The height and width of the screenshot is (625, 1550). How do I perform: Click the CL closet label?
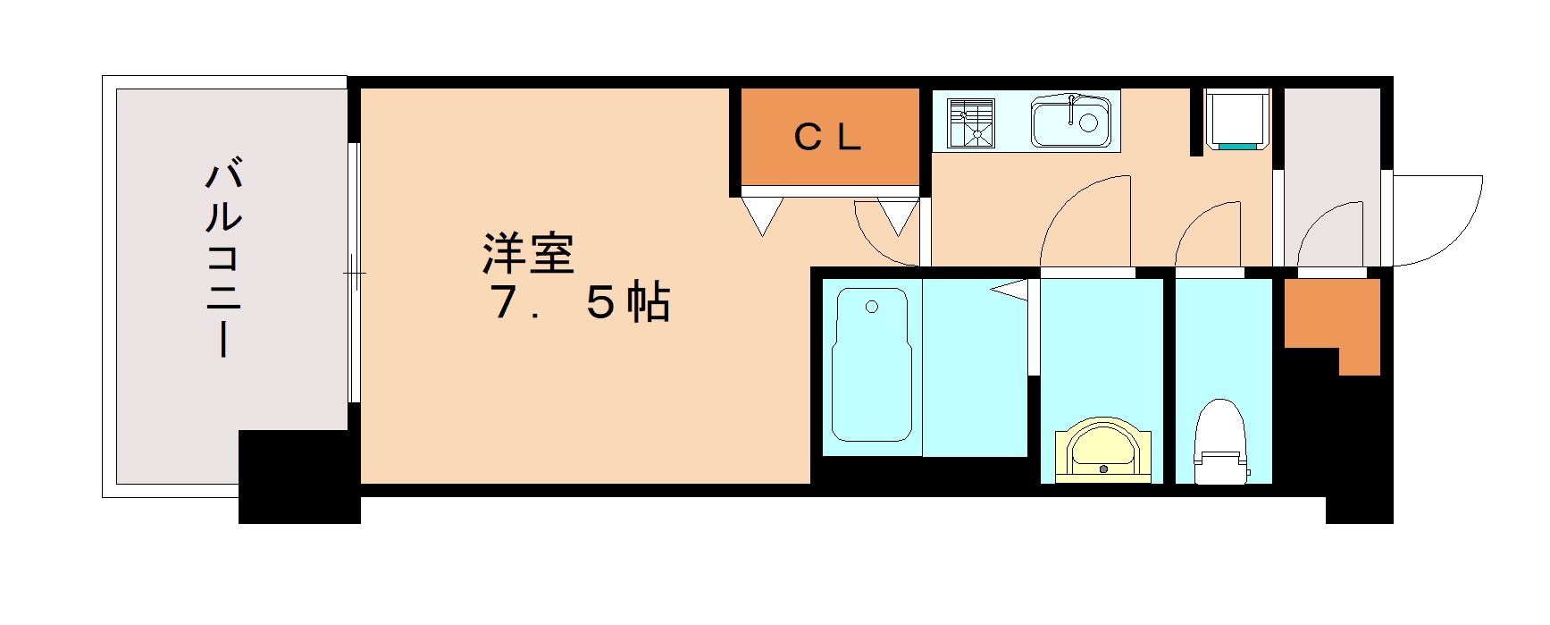coord(827,137)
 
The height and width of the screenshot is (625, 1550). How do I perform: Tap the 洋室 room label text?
coord(528,254)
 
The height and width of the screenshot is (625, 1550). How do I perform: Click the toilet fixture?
coord(1220,443)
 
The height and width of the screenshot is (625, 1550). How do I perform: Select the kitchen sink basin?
coord(1071,122)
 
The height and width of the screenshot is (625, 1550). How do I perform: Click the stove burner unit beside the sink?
coord(971,122)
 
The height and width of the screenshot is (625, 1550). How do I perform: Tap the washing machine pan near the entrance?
coord(1238,117)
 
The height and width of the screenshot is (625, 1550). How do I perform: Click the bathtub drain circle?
coord(872,308)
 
